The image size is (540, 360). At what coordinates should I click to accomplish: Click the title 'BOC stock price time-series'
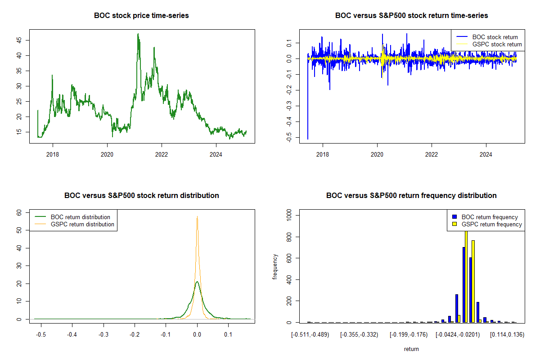pyautogui.click(x=141, y=15)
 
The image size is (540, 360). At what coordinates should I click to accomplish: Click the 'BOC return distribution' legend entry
pyautogui.click(x=72, y=217)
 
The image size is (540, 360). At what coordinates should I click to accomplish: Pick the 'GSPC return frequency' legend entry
pyautogui.click(x=487, y=224)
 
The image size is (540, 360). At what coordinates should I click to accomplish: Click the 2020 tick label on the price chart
pyautogui.click(x=107, y=154)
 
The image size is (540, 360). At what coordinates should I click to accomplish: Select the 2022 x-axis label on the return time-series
pyautogui.click(x=432, y=154)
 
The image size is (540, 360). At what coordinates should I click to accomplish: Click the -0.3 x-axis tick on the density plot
pyautogui.click(x=103, y=335)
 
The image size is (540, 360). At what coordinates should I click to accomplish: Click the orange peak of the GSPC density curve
pyautogui.click(x=197, y=216)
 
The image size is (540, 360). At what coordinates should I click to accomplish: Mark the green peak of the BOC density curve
pyautogui.click(x=197, y=282)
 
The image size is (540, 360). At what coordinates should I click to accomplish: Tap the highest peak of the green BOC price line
pyautogui.click(x=138, y=34)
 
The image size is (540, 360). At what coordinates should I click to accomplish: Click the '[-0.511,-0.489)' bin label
pyautogui.click(x=310, y=335)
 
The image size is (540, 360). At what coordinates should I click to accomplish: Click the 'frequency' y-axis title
pyautogui.click(x=275, y=267)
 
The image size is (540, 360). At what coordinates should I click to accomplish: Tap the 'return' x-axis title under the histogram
pyautogui.click(x=411, y=349)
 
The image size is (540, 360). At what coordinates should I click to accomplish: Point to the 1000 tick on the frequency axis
pyautogui.click(x=289, y=215)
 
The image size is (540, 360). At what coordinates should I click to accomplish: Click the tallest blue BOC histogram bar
pyautogui.click(x=464, y=285)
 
